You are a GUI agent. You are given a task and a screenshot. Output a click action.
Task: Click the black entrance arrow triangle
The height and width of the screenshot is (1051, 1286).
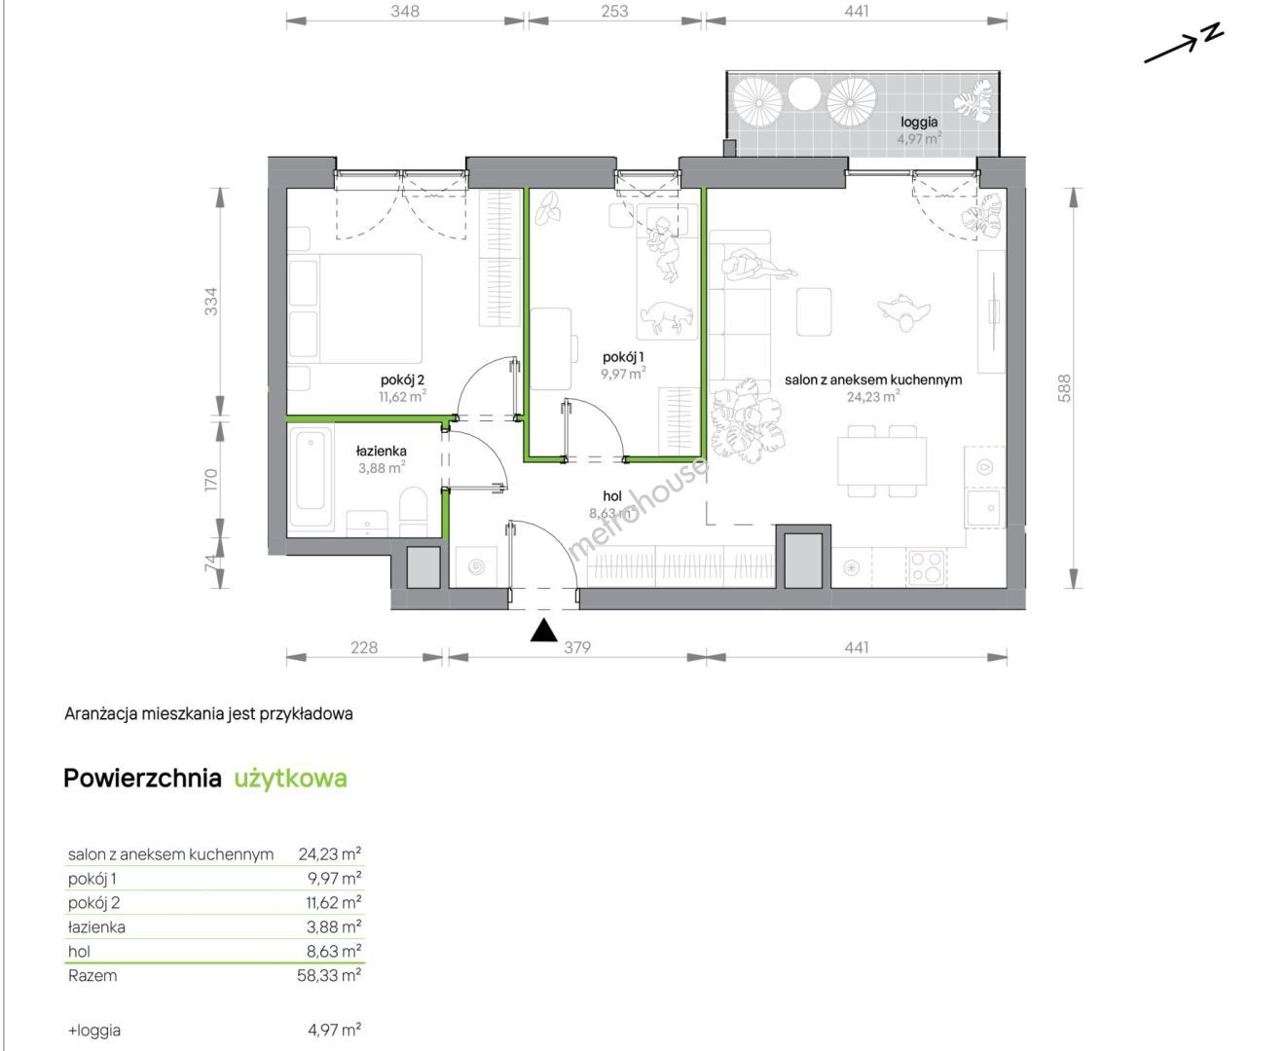tap(544, 631)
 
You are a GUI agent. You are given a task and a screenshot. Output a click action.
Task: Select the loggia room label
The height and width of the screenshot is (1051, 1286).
tap(919, 122)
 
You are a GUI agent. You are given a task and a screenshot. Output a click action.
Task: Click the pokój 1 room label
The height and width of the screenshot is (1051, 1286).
tap(623, 357)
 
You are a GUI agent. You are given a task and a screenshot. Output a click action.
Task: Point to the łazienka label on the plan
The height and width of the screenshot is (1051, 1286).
tap(381, 452)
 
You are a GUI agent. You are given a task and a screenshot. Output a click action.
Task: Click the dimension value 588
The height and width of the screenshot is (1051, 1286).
tap(1064, 388)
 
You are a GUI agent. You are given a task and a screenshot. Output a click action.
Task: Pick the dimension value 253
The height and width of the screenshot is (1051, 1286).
tap(614, 11)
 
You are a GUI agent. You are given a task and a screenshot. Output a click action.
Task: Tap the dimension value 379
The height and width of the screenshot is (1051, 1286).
tap(577, 647)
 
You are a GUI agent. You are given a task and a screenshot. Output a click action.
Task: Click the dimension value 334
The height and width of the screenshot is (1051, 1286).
tap(210, 301)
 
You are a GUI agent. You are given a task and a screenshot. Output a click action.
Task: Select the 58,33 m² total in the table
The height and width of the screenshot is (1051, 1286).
tap(329, 975)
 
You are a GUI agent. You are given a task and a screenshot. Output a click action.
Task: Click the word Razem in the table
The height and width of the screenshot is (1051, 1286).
tap(92, 975)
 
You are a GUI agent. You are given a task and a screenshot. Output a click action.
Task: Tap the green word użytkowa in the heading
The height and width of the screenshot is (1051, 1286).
tap(291, 779)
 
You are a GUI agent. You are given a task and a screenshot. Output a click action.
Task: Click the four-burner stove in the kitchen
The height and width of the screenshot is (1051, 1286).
tap(927, 567)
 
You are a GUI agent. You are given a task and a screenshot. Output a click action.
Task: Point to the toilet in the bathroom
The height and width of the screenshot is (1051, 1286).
tap(414, 511)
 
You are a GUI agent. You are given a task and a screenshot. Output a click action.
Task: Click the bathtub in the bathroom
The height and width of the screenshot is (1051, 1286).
tap(311, 476)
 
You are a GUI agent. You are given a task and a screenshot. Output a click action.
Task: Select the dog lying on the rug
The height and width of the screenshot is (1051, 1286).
tap(667, 317)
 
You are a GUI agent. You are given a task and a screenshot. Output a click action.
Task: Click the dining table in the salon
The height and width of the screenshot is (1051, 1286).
tap(882, 461)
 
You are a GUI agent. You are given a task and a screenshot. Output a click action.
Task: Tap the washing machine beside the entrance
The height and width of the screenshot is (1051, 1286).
tap(475, 567)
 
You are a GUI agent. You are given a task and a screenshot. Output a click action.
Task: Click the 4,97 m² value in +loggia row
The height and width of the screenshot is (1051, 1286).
tap(334, 1031)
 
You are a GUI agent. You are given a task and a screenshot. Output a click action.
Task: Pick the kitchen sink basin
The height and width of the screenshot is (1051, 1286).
tap(984, 508)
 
